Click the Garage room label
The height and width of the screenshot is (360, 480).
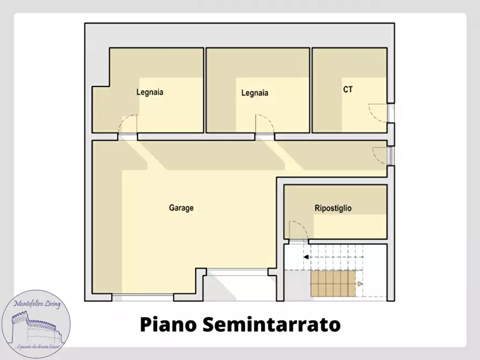pos(181,208)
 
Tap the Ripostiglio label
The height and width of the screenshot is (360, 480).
pos(333,208)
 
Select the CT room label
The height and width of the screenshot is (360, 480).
pos(348,90)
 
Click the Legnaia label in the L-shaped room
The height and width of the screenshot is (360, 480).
pos(150,92)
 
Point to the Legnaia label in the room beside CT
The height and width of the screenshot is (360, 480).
pos(255,93)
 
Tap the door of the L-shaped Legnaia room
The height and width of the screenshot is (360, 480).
pos(127,125)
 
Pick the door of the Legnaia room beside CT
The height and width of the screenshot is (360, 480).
pos(265,125)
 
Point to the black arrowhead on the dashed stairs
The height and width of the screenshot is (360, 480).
pos(306,257)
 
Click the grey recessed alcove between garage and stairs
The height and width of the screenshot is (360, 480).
pos(241,285)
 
